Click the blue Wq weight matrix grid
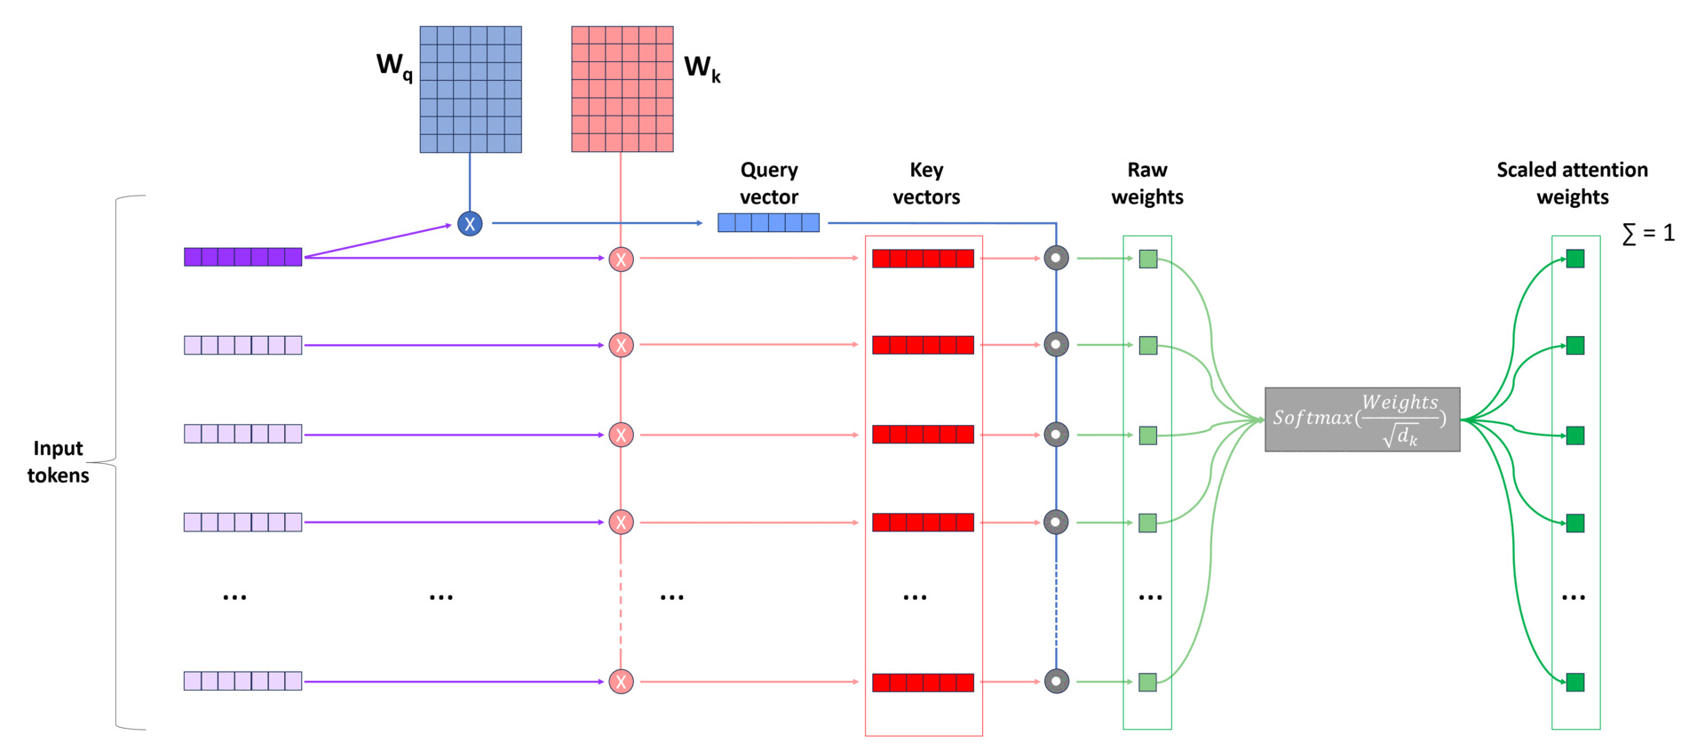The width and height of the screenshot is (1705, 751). [470, 89]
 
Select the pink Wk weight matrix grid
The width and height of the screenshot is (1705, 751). [622, 89]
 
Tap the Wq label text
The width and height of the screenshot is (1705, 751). [394, 66]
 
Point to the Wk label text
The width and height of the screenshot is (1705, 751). [702, 68]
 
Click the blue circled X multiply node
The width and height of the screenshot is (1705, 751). [470, 224]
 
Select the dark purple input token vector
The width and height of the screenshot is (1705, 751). [242, 257]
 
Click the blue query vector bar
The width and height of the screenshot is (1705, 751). [768, 222]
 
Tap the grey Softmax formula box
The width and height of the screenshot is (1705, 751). [1361, 419]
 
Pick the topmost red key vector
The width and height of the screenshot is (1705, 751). [923, 259]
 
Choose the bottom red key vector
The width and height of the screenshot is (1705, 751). [923, 683]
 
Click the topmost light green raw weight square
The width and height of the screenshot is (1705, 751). [1148, 259]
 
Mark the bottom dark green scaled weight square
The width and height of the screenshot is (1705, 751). [1575, 683]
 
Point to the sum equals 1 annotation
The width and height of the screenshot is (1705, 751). [1648, 233]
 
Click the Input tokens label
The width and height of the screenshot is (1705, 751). [59, 461]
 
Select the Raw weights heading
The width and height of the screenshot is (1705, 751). [1147, 183]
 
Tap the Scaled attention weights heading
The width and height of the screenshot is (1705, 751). [1572, 183]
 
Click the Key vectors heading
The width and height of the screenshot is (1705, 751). [926, 183]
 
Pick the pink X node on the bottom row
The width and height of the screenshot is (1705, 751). [621, 682]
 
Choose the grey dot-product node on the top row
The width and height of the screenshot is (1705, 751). [1056, 259]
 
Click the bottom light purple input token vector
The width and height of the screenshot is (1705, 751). [242, 681]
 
